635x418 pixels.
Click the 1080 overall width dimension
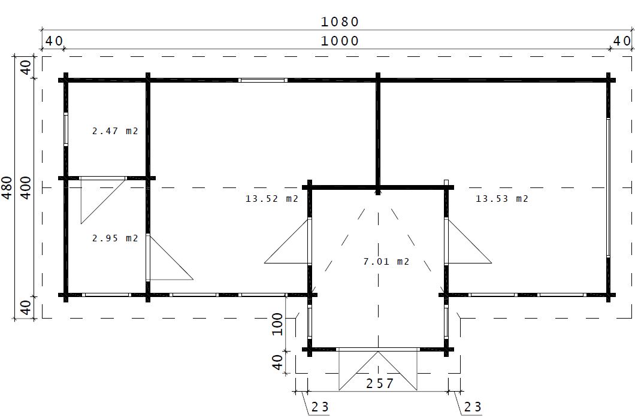click(340, 22)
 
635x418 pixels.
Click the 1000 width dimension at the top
click(340, 41)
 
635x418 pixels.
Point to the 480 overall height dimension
click(7, 187)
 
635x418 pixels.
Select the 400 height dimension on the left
click(26, 187)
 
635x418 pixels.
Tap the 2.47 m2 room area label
click(116, 131)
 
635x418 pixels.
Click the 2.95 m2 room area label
click(116, 238)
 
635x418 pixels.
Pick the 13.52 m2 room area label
click(272, 198)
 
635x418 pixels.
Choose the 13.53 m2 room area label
click(502, 198)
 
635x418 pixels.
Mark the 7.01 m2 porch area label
click(386, 262)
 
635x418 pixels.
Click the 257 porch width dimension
click(380, 383)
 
